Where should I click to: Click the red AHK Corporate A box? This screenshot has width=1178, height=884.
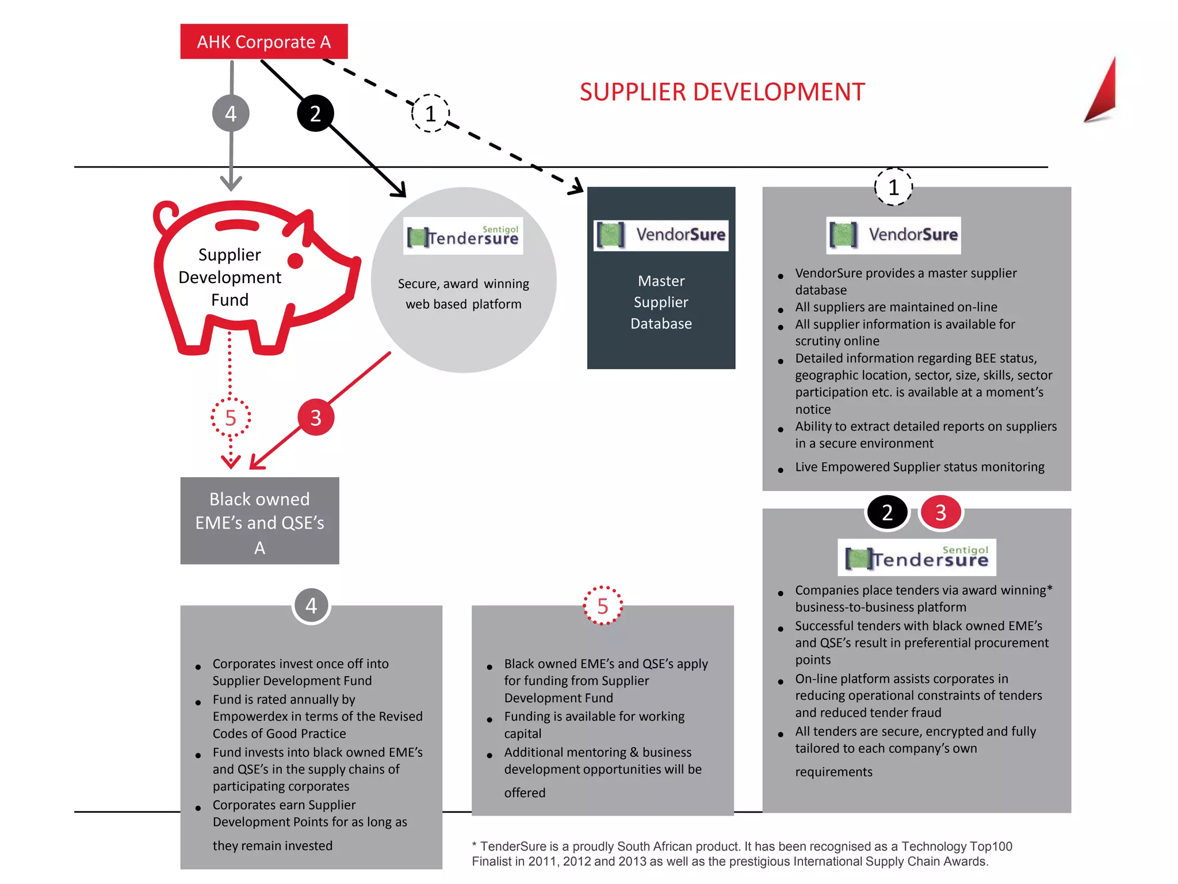263,41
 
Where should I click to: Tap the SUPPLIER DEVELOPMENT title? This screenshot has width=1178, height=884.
722,92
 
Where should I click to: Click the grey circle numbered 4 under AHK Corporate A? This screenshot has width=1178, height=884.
231,113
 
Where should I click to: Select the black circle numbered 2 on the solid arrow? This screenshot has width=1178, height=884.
315,113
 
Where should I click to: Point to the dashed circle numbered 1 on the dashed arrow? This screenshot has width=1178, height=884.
430,113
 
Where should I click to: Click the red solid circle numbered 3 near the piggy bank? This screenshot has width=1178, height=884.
316,417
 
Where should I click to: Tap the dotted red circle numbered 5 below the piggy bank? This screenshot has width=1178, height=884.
231,417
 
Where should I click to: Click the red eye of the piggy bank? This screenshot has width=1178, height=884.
295,261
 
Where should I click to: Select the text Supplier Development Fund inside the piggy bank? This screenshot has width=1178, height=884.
230,277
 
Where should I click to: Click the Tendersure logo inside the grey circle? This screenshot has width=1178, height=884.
463,236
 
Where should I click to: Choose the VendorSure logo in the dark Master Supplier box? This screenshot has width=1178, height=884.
661,235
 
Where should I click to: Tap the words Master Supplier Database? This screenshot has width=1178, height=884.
661,302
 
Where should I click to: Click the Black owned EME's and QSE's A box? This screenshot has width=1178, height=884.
259,521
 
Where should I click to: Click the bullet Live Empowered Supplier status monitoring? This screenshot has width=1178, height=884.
919,467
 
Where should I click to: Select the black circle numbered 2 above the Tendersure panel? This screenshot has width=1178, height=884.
887,512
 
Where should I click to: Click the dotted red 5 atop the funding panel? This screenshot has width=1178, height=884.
602,605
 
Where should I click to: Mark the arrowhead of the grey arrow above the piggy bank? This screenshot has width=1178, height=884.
231,184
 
